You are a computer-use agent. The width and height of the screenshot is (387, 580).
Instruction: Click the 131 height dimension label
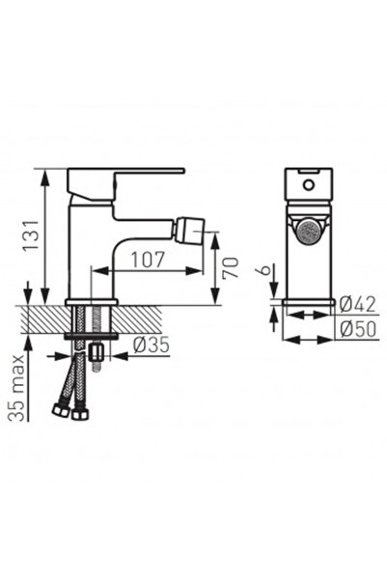pyautogui.click(x=31, y=236)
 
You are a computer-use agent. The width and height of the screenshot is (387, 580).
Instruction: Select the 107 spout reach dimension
pyautogui.click(x=148, y=260)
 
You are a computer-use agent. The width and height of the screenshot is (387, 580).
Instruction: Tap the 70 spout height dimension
pyautogui.click(x=230, y=267)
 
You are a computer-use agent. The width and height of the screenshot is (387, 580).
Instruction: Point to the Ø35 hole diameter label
pyautogui.click(x=152, y=345)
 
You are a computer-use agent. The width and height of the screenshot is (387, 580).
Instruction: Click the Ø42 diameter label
pyautogui.click(x=357, y=304)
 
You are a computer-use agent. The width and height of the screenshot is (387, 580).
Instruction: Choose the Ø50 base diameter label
pyautogui.click(x=358, y=329)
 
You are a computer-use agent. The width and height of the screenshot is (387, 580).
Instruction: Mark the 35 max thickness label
pyautogui.click(x=16, y=388)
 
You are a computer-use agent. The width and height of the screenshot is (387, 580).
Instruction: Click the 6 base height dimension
pyautogui.click(x=265, y=269)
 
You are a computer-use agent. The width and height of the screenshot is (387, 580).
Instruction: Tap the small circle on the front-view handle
pyautogui.click(x=308, y=184)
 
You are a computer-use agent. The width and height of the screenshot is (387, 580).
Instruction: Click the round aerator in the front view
pyautogui.click(x=309, y=232)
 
